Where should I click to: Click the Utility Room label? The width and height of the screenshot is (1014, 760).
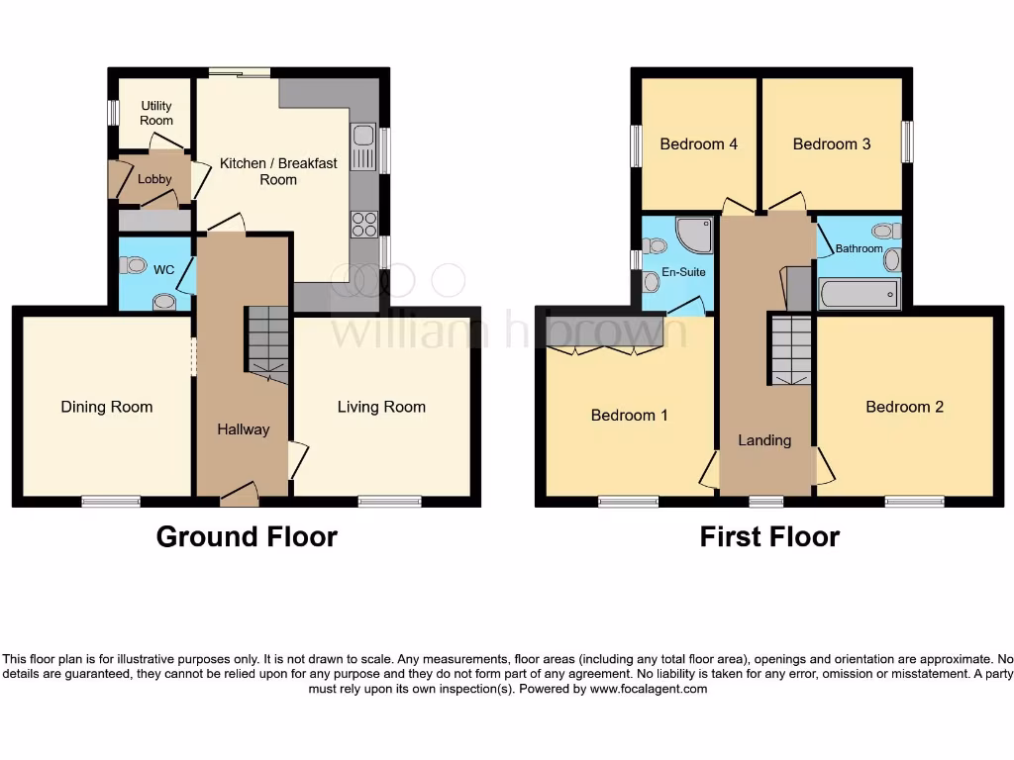[x=156, y=113]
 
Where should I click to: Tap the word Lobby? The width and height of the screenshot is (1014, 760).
[x=154, y=179]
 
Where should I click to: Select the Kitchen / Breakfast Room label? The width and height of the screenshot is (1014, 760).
[x=278, y=171]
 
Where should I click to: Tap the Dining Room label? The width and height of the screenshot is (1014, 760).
[x=107, y=407]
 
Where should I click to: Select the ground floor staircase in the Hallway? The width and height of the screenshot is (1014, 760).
[x=266, y=342]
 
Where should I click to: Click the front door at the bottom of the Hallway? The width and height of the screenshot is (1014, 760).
[x=239, y=494]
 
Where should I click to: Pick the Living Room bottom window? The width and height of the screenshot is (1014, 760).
[x=390, y=502]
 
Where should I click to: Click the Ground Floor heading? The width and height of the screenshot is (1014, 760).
[x=247, y=537]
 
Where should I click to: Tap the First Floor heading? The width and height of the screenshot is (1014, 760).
[x=769, y=537]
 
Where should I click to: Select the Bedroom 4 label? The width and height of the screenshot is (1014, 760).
[x=699, y=143]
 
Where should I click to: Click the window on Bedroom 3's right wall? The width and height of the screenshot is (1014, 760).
[x=906, y=142]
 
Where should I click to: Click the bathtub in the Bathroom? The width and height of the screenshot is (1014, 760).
[x=860, y=294]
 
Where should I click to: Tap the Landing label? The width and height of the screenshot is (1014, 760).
[x=764, y=440]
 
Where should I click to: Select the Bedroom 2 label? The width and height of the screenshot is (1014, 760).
[x=904, y=407]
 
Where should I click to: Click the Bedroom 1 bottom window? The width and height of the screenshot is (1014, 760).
[x=628, y=502]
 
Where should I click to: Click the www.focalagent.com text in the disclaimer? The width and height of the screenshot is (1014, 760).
[x=649, y=689]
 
